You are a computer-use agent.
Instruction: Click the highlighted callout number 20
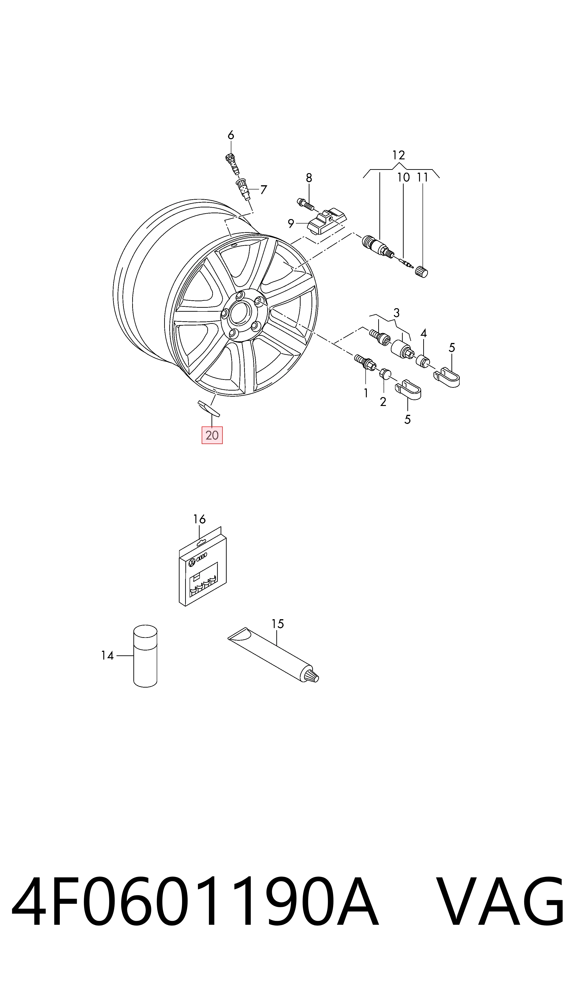[212, 435]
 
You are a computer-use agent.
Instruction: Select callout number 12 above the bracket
[398, 155]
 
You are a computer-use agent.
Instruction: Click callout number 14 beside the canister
[107, 655]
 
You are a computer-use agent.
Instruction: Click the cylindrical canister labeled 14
[145, 656]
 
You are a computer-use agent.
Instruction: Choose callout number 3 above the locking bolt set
[396, 313]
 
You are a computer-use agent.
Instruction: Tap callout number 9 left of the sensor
[291, 224]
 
